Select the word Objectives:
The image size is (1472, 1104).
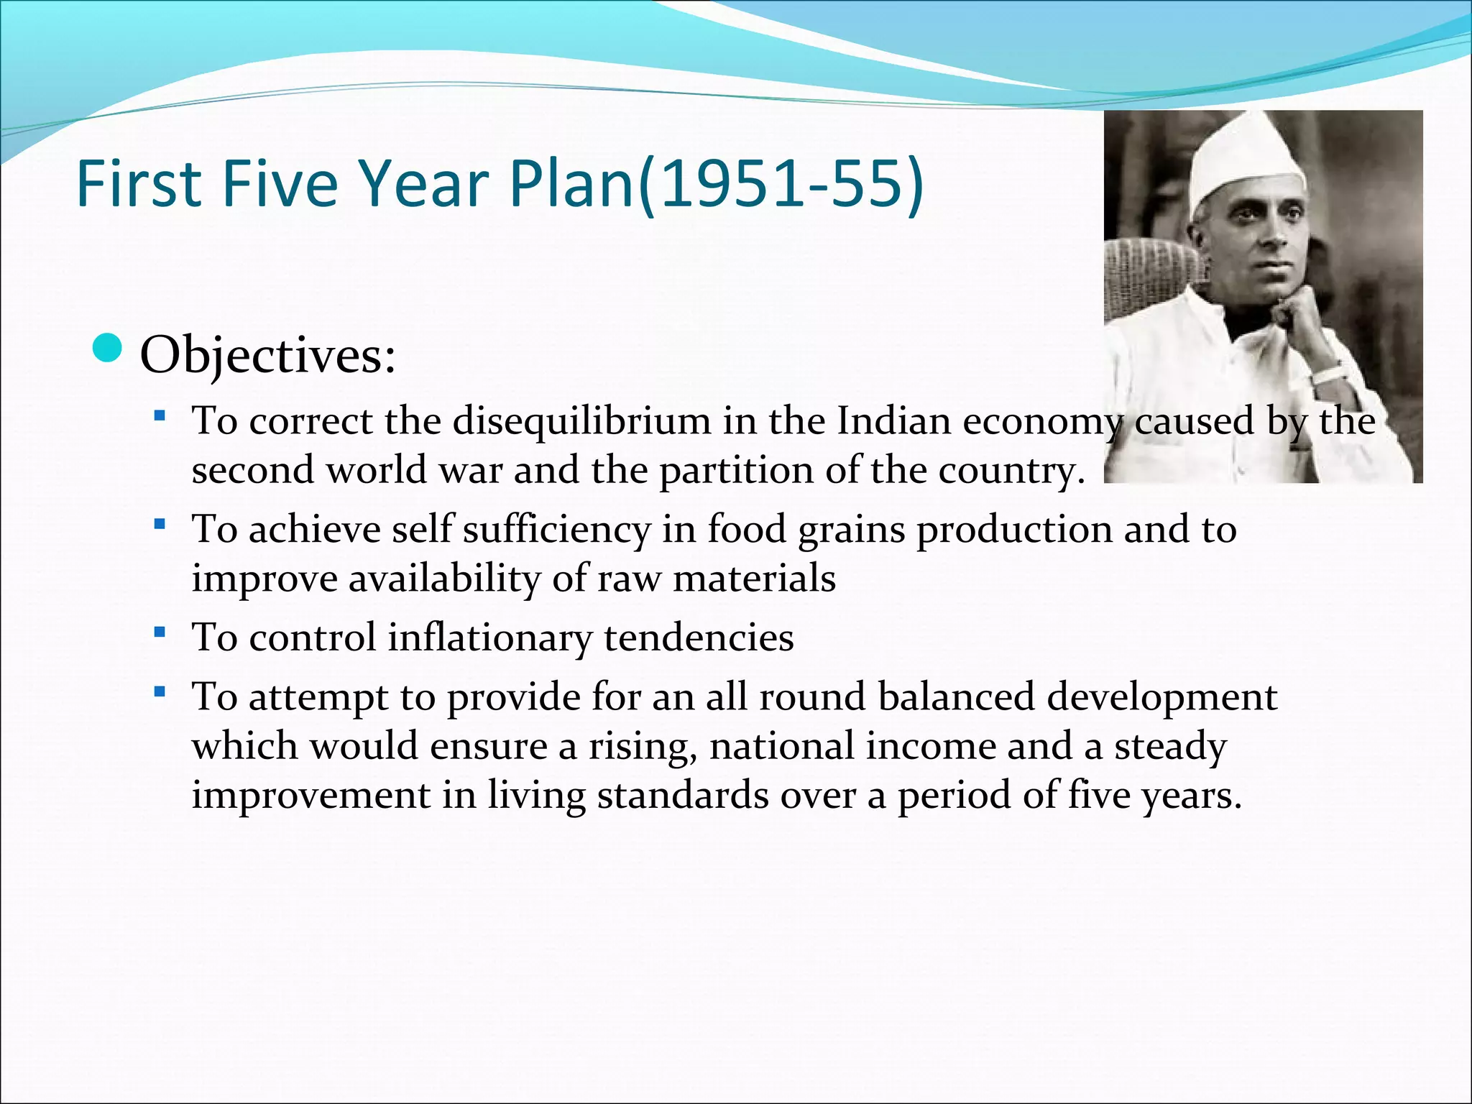(267, 355)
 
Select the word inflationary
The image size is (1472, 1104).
(489, 638)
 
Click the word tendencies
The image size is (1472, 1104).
(698, 638)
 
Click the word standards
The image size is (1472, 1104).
(683, 795)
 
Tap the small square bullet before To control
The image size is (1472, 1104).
(160, 633)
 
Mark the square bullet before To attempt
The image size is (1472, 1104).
(160, 693)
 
